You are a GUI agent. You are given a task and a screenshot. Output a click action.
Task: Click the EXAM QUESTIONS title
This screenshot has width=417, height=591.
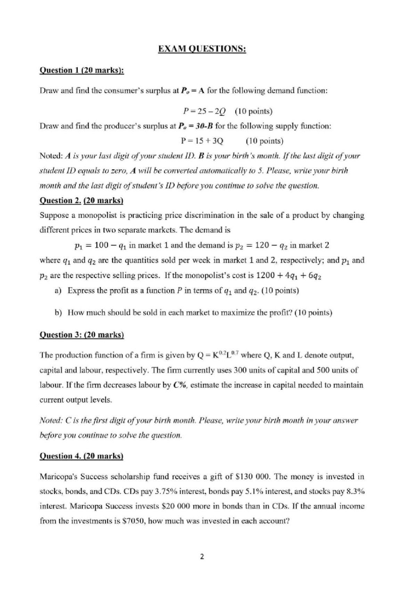[x=202, y=49]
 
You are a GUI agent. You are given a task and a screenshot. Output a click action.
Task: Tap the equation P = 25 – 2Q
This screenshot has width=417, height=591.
[x=204, y=111]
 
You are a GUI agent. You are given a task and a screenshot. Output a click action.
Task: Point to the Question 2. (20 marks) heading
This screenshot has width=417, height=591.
[x=82, y=200]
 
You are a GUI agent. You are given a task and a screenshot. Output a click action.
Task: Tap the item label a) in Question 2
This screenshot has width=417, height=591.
[x=58, y=290]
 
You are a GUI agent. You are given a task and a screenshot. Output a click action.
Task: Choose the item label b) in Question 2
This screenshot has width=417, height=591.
[x=58, y=312]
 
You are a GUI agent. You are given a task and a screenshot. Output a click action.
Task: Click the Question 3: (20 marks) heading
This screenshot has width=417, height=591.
[x=82, y=335]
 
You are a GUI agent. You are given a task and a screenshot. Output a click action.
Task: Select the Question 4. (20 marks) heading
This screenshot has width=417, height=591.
[x=82, y=456]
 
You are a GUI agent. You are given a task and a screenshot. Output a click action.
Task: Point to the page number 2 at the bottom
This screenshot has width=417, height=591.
[x=202, y=557]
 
